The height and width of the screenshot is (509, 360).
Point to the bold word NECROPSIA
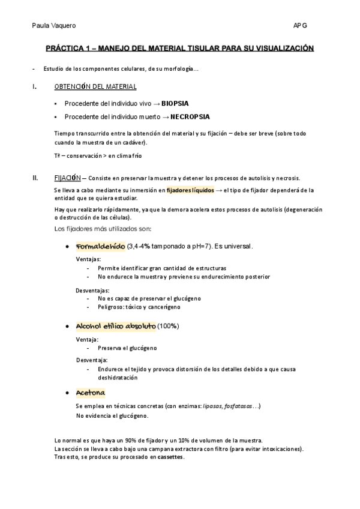coord(190,116)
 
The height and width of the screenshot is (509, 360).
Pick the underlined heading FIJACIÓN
coord(67,178)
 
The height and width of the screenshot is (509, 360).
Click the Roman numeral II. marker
coord(35,178)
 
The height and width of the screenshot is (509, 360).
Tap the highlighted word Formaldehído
coord(100,247)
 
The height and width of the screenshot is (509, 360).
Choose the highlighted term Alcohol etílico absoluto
coord(115,326)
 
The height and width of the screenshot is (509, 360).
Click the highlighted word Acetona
coord(91,393)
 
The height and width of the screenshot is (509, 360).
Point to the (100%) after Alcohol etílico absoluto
coord(169,326)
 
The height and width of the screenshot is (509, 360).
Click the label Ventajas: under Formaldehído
coord(88,259)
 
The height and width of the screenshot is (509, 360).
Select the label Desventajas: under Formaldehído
coord(92,290)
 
